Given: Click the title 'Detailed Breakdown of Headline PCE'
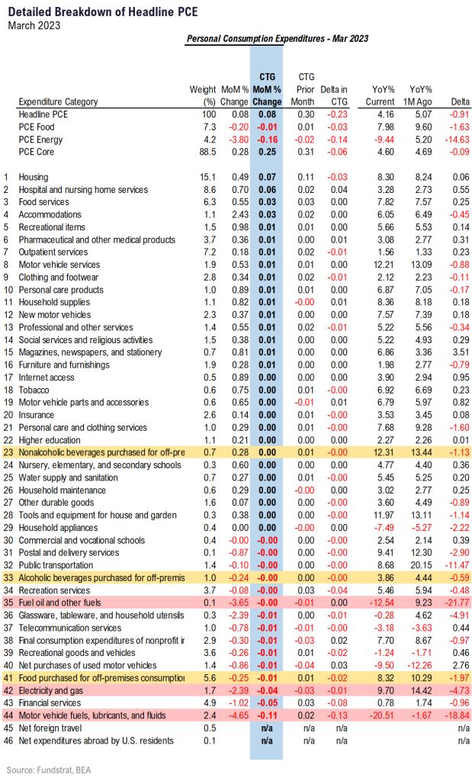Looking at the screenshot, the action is pos(103,12).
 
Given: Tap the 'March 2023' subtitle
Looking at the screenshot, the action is pos(34,25).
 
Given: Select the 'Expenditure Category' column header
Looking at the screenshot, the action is pos(58,101).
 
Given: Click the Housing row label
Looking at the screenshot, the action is pos(34,177).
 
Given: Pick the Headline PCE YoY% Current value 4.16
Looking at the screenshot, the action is pos(386,114).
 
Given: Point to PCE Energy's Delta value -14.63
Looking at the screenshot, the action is pos(457,140).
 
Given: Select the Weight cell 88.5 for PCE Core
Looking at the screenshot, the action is pos(207,152).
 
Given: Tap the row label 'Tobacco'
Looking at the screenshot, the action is pos(34,390).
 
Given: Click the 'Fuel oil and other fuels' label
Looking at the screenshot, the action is pos(59,603).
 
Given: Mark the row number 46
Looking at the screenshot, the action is pos(8,741).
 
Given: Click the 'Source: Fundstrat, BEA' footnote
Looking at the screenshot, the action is pos(49,770).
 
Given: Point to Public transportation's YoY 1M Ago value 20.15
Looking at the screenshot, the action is pos(422,565).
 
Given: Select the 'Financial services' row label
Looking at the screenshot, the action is pos(50,702).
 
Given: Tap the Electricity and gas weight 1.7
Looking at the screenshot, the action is pos(210,690).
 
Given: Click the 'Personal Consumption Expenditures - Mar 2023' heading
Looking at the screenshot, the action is pos(278,39).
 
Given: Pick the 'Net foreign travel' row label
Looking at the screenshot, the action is pos(50,728).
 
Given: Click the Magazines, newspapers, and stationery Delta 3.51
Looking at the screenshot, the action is pos(461,352).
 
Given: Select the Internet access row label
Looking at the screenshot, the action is pos(47,378).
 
